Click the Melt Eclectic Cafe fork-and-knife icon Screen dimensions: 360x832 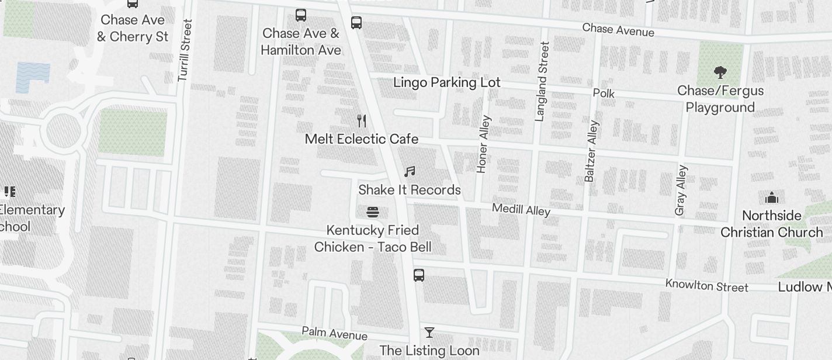(362, 121)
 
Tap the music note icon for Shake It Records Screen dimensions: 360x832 (410, 172)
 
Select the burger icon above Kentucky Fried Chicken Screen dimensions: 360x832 (373, 212)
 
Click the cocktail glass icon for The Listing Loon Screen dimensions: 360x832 (429, 333)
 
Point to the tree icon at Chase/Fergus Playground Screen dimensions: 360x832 (720, 72)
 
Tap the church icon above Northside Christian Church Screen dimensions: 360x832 (771, 197)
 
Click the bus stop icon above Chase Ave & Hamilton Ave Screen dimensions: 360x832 (301, 15)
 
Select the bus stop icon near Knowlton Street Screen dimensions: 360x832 (419, 275)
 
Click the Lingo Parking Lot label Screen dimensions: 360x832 (447, 82)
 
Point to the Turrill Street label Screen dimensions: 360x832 (185, 50)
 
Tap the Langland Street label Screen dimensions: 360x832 (542, 82)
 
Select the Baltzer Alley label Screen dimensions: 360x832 (591, 151)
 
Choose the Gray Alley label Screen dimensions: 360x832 (681, 190)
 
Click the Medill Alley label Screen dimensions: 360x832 (521, 209)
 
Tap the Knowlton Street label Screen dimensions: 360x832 (706, 286)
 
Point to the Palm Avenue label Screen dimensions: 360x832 (334, 333)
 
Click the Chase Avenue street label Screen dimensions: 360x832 (618, 29)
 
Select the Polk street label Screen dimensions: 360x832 (604, 94)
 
